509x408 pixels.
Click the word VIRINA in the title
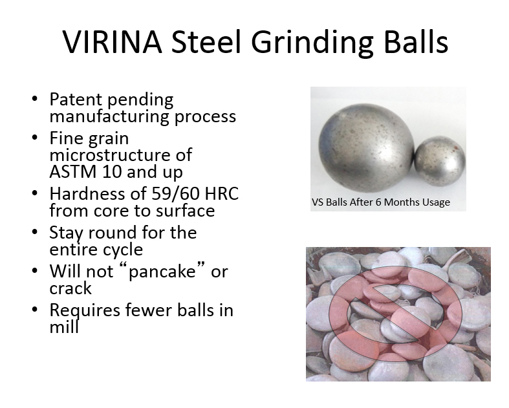(x=112, y=41)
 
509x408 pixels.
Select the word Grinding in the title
(x=312, y=43)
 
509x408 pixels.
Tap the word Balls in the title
(x=416, y=41)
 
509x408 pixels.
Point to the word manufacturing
(x=109, y=116)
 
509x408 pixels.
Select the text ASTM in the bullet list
(x=73, y=172)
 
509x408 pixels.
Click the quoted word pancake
(x=162, y=272)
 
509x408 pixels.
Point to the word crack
(x=70, y=288)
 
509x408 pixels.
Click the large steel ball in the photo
(x=366, y=147)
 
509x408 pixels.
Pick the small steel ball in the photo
(x=440, y=161)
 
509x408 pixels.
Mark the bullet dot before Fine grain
(x=35, y=138)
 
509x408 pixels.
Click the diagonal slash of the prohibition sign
(x=395, y=313)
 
